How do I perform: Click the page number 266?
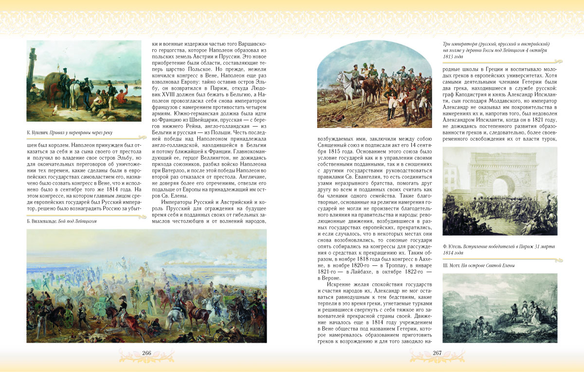click(146, 353)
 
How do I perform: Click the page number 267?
click(437, 353)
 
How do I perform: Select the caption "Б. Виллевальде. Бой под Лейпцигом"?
click(61, 221)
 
